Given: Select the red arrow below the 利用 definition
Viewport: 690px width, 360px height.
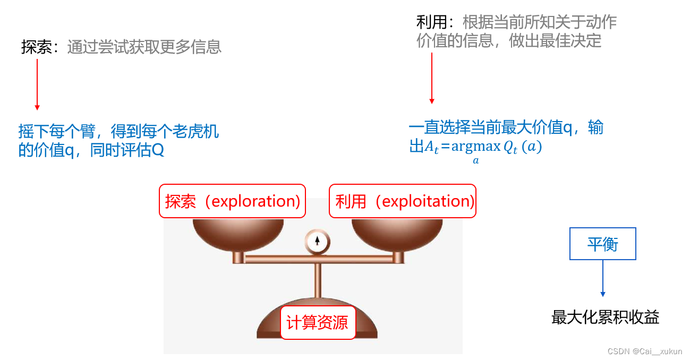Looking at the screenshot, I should [x=432, y=78].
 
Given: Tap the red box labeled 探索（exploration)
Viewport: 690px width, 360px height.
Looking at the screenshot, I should [x=233, y=201].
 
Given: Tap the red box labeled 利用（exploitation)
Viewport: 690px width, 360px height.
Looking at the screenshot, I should [x=403, y=201].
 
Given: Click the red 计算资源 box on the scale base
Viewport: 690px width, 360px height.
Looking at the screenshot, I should [x=317, y=322].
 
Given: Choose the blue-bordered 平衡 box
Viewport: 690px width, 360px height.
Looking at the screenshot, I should [x=602, y=244].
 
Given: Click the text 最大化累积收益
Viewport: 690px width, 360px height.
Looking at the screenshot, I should [x=606, y=318].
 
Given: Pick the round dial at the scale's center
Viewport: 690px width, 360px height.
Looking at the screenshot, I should [x=317, y=241].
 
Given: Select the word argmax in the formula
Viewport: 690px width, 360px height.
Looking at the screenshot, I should [x=476, y=147].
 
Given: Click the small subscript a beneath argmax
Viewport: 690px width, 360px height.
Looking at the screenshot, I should [x=476, y=160].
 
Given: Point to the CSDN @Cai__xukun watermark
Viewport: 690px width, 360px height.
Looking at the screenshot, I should [x=644, y=352].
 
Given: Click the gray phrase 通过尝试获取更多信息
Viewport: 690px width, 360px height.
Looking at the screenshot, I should [x=144, y=47].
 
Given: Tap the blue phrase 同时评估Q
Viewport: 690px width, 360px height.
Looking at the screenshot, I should [x=127, y=151].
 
